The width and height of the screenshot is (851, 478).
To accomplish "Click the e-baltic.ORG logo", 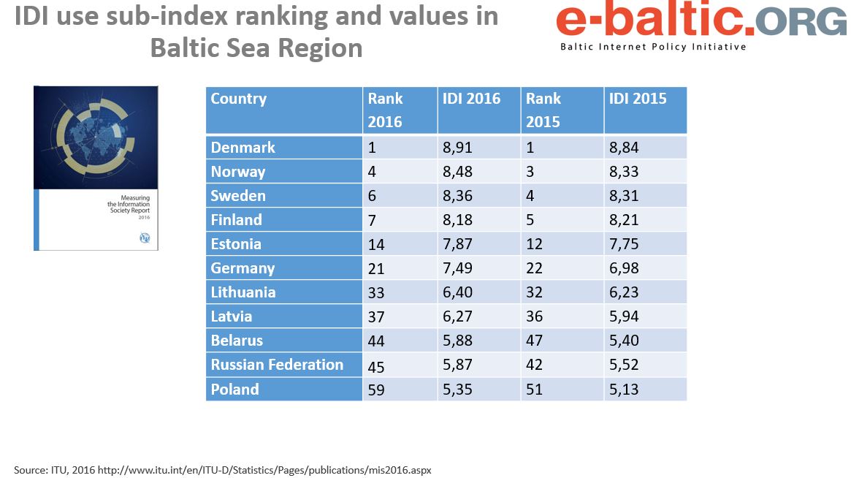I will coord(700,22).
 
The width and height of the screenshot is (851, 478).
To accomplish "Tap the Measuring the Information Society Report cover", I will coord(96,168).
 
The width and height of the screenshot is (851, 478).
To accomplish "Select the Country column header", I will coord(239,99).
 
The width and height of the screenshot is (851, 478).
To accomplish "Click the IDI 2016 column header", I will coord(471,99).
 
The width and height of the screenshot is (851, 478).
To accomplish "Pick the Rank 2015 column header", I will coord(543,110).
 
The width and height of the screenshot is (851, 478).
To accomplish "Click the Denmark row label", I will coord(243,148).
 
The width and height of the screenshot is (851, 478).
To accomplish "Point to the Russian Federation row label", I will coord(277,365).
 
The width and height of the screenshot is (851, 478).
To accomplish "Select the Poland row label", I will coord(234,390).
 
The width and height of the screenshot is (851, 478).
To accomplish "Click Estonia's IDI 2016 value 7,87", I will coord(457,244).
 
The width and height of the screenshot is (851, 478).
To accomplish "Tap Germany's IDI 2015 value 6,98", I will coord(624,268).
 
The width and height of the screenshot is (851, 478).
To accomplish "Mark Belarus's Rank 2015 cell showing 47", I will coord(535,341).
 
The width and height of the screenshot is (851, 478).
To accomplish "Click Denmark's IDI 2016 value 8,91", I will coord(457,148).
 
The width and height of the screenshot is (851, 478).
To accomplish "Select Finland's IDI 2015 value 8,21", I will coord(624,220).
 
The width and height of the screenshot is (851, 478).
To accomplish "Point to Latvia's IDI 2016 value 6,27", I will coord(457,316).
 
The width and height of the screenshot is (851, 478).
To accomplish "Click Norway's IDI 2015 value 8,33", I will coord(624,172).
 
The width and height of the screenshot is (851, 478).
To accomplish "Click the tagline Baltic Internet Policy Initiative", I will coord(653,47).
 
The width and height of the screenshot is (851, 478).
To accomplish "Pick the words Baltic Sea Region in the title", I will coord(256,48).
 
